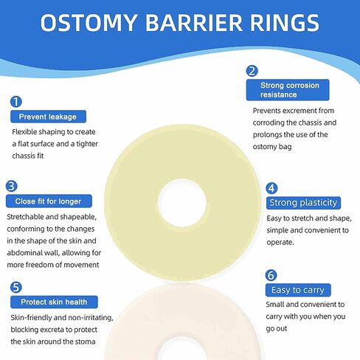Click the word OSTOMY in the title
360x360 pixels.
[89, 23]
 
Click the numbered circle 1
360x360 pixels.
[16, 102]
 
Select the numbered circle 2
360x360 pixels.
[252, 71]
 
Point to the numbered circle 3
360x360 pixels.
[12, 186]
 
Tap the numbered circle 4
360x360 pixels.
[271, 188]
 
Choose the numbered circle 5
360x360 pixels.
[16, 287]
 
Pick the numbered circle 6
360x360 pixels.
[271, 275]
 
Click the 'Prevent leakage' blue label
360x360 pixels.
[48, 117]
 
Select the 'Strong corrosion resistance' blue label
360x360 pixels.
[288, 90]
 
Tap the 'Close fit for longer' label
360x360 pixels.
[49, 201]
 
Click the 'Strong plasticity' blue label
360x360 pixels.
[303, 203]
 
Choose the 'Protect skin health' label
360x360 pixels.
[54, 302]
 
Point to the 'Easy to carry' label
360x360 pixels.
[298, 290]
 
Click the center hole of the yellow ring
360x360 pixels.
[182, 203]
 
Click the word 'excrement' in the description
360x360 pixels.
[300, 111]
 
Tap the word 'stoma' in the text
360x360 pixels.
[86, 342]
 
